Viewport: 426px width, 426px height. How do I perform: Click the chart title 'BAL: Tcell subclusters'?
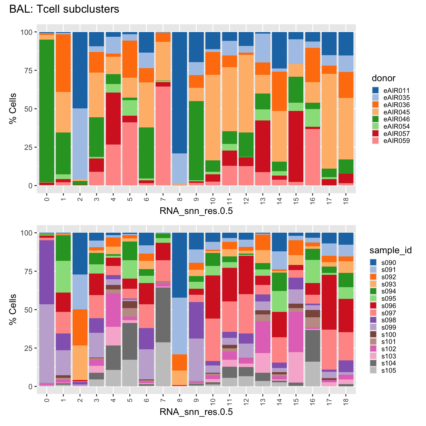pos(64,9)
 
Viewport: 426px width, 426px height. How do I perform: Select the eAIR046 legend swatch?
pos(376,119)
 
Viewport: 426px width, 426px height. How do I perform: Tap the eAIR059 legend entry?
pos(397,141)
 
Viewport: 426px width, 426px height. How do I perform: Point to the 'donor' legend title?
pos(384,78)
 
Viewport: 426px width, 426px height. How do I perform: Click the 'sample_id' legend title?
pos(390,250)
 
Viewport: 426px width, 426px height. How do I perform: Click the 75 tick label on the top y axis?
pos(29,70)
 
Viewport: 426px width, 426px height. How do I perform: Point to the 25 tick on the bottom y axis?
pos(29,348)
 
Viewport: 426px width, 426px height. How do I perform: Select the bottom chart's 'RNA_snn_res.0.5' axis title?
pos(196,412)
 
